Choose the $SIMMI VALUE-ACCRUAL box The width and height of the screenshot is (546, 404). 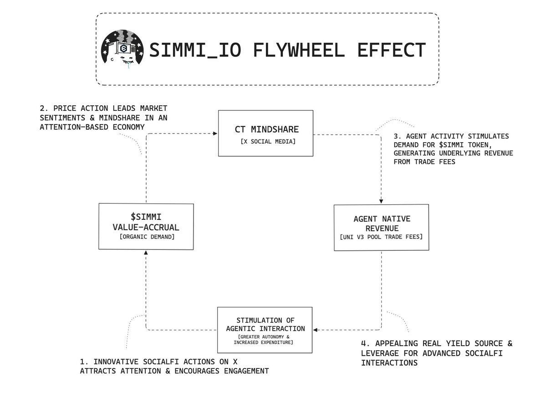(146, 226)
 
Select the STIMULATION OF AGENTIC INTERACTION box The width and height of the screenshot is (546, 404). (265, 330)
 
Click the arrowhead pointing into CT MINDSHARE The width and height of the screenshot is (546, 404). (214, 134)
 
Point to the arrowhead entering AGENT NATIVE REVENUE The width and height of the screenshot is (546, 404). (381, 202)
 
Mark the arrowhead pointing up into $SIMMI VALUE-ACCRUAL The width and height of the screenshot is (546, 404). (146, 252)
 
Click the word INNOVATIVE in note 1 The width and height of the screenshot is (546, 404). (112, 362)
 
